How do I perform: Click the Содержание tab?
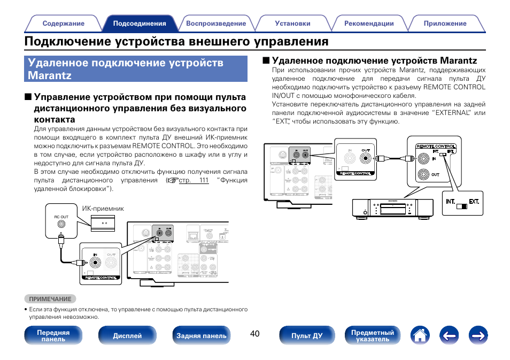pos(63,24)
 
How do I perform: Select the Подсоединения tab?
pos(140,24)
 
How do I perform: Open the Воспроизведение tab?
pos(216,24)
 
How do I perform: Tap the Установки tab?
pos(292,24)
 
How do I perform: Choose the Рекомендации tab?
pos(369,24)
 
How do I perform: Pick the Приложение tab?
pos(445,24)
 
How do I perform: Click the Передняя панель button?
pos(53,335)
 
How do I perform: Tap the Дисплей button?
pos(127,335)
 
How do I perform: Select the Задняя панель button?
pos(202,335)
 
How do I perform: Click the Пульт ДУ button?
pos(307,335)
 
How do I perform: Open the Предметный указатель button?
pos(372,335)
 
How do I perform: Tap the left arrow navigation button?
pos(450,335)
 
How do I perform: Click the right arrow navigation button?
pos(478,335)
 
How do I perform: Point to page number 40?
pos(254,334)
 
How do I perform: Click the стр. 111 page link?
pos(194,181)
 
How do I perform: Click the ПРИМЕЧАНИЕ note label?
pos(50,299)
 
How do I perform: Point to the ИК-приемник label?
pos(103,209)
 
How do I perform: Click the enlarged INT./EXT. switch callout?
pos(463,204)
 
